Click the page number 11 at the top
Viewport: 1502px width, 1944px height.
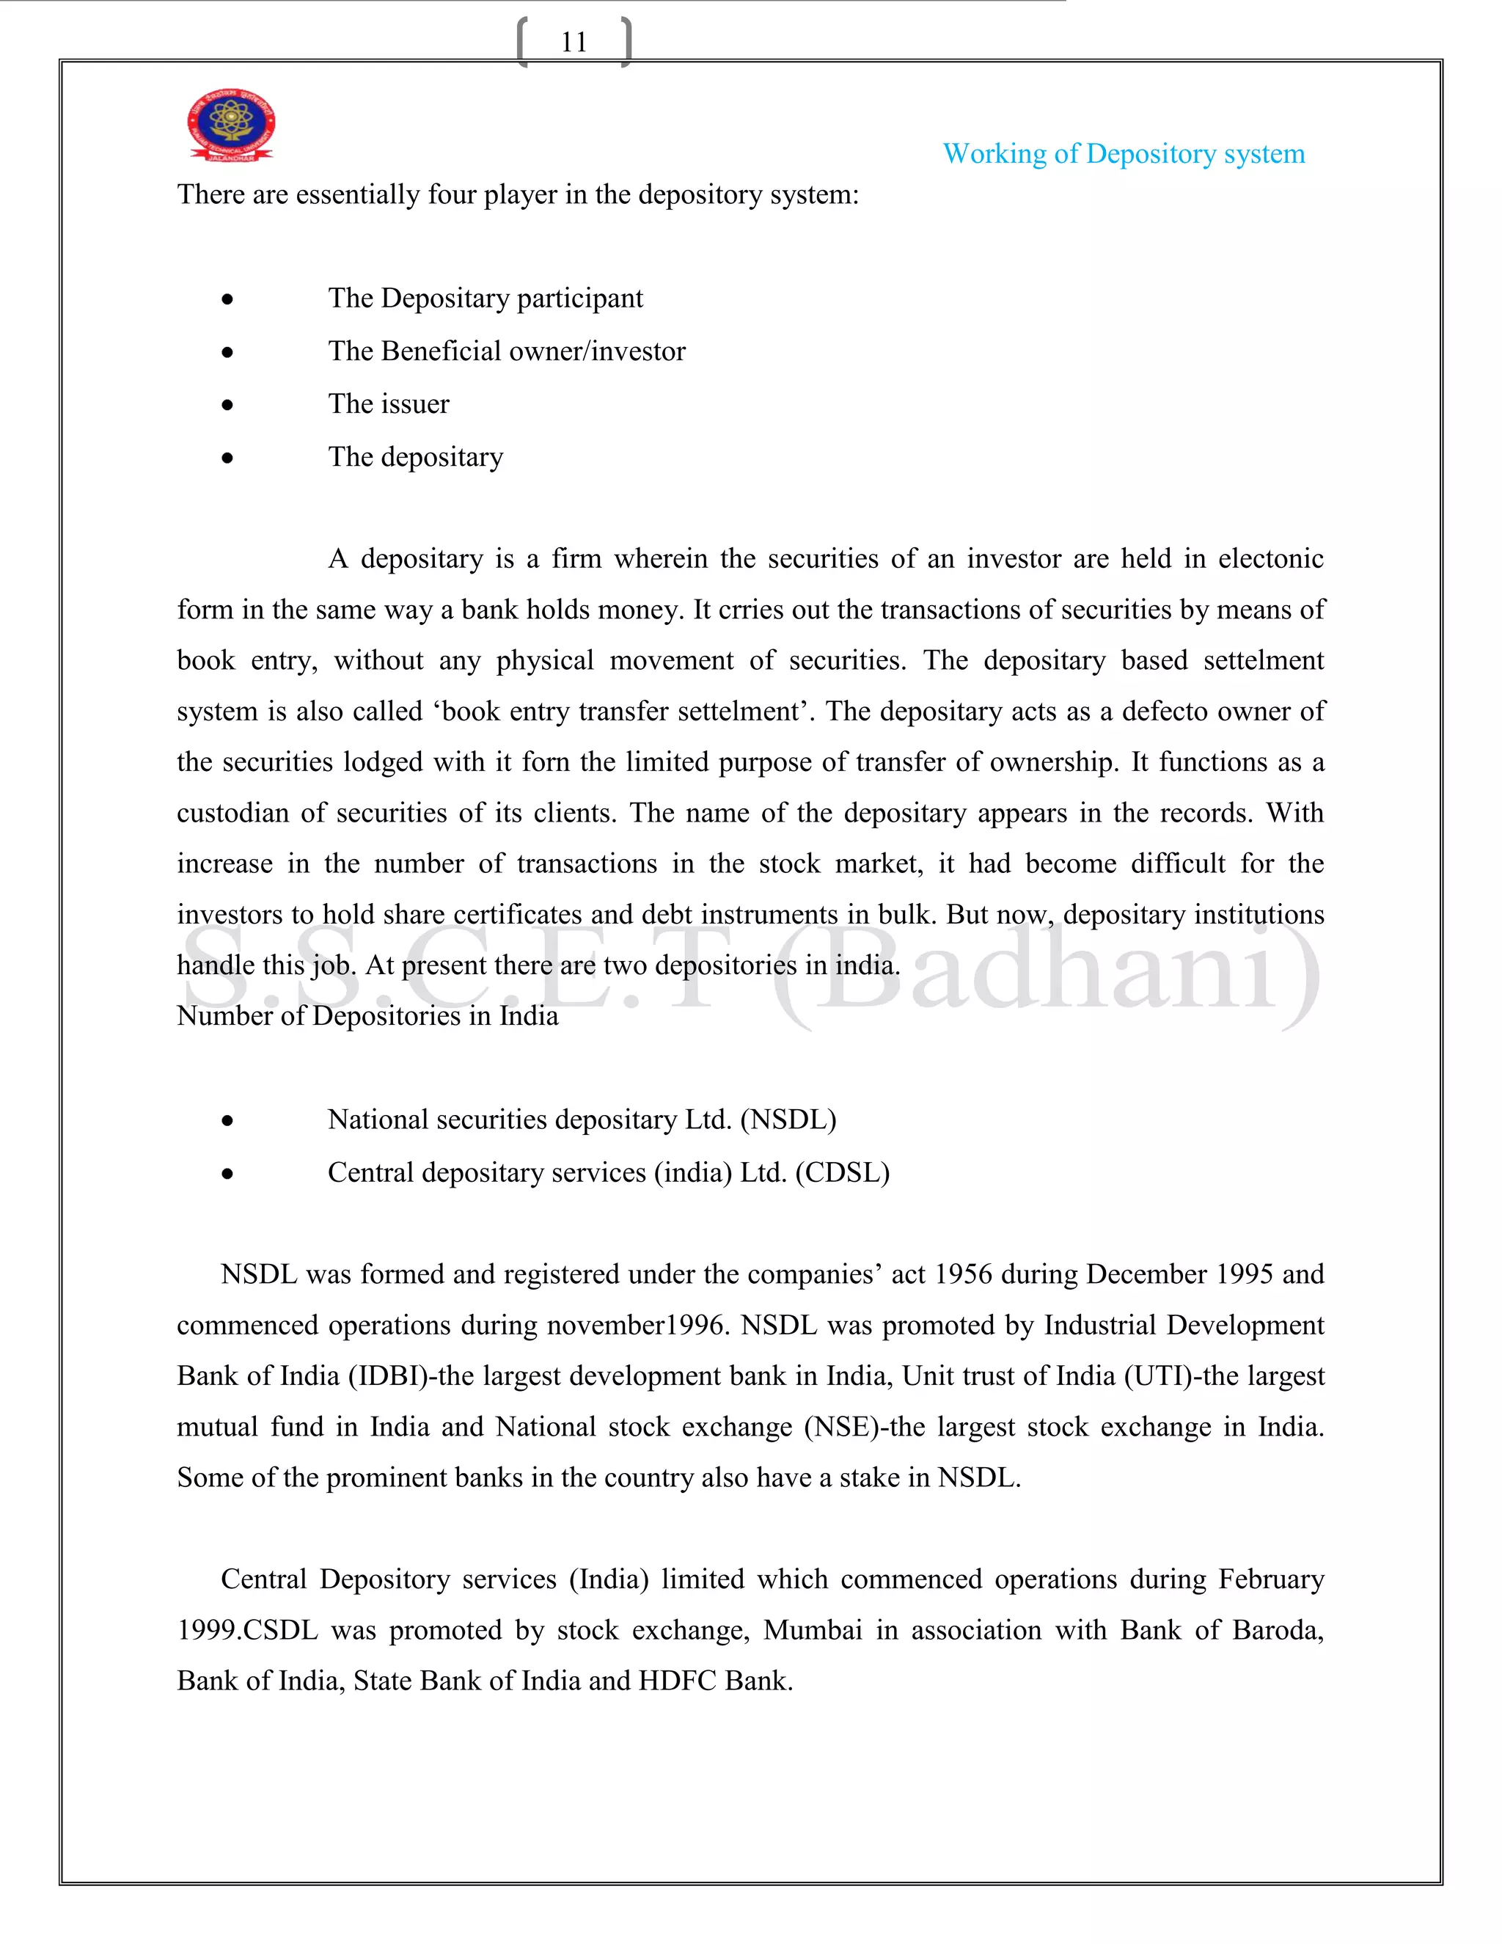point(574,42)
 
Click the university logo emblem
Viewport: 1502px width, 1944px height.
point(230,125)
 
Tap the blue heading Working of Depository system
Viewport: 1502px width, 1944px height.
point(1123,154)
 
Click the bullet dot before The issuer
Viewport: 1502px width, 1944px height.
point(228,405)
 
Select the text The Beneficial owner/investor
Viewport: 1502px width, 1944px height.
point(506,351)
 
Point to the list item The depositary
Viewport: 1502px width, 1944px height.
point(416,458)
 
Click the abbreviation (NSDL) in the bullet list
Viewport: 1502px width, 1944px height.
point(788,1119)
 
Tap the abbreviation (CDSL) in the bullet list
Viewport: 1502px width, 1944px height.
point(842,1173)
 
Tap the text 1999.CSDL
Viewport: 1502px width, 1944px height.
point(247,1631)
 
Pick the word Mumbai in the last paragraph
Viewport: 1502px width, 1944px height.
point(813,1631)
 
